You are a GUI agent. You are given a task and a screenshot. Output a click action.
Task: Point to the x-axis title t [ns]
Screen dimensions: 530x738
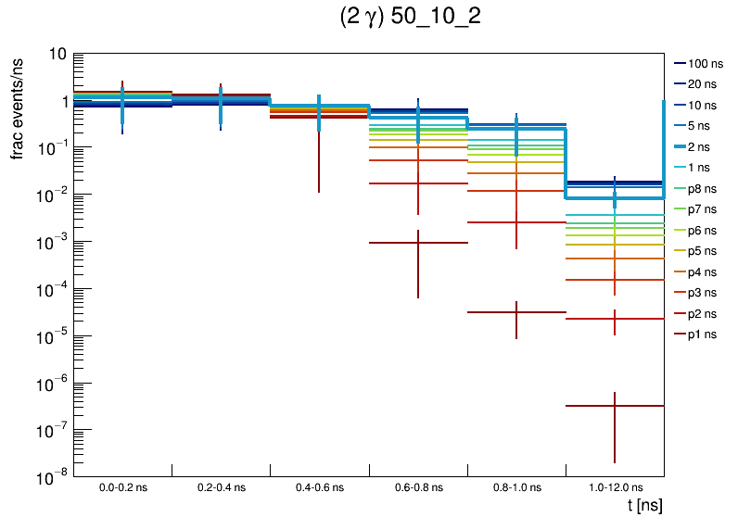643,506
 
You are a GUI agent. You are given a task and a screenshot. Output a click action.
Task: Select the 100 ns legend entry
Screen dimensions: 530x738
705,64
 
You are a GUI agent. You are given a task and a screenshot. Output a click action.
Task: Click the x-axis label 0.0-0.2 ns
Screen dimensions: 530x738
122,486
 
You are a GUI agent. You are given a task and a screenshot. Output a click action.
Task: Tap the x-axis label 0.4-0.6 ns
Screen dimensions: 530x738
319,486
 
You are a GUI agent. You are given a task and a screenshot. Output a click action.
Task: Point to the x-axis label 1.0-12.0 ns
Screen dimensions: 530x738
614,486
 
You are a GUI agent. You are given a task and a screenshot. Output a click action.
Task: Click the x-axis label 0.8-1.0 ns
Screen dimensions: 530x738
515,486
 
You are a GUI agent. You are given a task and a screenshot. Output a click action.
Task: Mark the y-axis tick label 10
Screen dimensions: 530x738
56,55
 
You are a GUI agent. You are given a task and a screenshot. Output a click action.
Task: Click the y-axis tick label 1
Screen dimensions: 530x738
61,102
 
